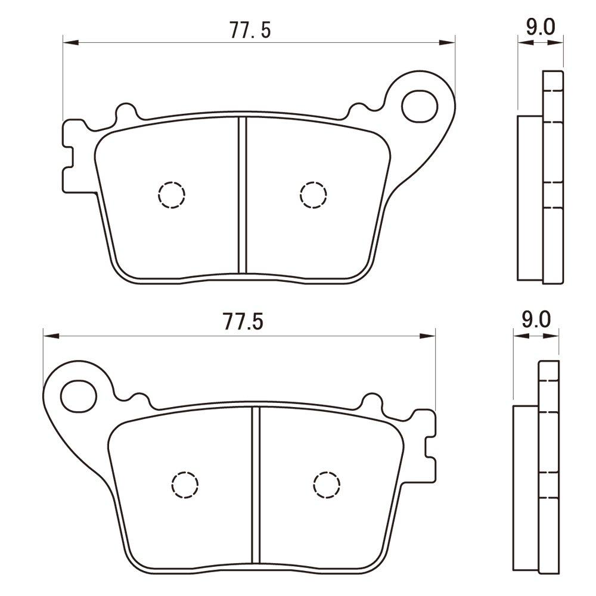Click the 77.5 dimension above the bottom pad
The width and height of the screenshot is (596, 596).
pos(244,322)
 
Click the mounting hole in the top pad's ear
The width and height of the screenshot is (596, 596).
pos(419,106)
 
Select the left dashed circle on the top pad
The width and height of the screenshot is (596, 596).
pos(172,194)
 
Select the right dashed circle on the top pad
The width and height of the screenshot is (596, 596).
pos(313,194)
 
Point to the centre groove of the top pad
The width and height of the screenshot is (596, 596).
pos(243,194)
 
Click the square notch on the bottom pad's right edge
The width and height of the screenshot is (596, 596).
pos(430,448)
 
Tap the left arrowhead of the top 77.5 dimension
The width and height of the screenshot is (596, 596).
pos(70,42)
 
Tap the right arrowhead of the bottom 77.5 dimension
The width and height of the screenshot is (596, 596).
pos(429,336)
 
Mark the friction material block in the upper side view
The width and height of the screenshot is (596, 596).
pos(529,198)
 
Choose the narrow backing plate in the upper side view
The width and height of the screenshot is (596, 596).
pos(552,176)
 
